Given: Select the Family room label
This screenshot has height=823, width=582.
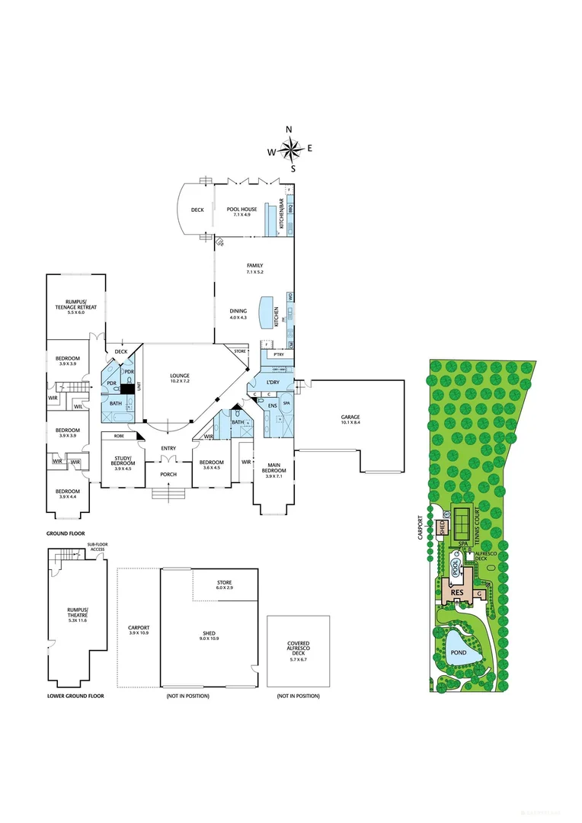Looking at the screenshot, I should pos(254,268).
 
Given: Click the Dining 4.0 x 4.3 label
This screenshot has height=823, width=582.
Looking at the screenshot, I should pos(238,313).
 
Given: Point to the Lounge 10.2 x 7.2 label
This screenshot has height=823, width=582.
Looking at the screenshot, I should pos(180,378).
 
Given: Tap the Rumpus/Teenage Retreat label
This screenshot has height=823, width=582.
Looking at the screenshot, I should pos(75,309).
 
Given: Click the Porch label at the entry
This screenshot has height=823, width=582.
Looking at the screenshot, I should pos(168,474).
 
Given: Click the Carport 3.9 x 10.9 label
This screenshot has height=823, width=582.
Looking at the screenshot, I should pos(138,630).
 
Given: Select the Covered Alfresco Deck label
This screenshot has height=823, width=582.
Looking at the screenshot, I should pos(298,648).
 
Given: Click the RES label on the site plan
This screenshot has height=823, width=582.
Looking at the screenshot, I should pos(457,592).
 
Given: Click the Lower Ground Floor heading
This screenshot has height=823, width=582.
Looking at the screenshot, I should pos(75,696).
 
